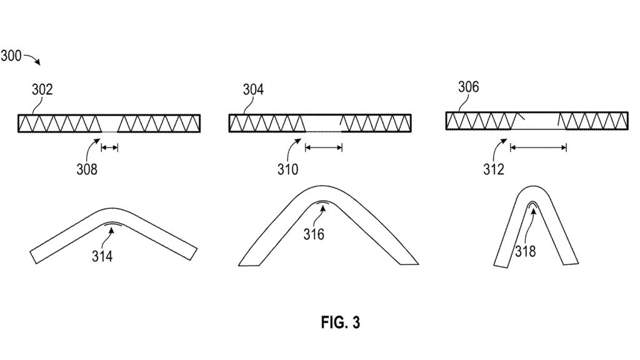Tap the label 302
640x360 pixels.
(x=42, y=90)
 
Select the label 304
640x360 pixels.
(x=253, y=90)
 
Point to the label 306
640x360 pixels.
(x=468, y=87)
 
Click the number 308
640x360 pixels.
(x=87, y=169)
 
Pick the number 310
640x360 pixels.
(x=288, y=169)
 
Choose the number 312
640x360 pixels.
(x=493, y=169)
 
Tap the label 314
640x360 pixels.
(x=102, y=256)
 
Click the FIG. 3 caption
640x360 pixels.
(x=341, y=322)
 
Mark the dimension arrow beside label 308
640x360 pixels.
(x=109, y=147)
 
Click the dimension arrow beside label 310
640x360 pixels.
(x=323, y=147)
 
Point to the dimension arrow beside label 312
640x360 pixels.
(x=538, y=147)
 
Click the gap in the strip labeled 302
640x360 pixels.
(x=109, y=123)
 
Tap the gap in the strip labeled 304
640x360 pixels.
(x=322, y=123)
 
